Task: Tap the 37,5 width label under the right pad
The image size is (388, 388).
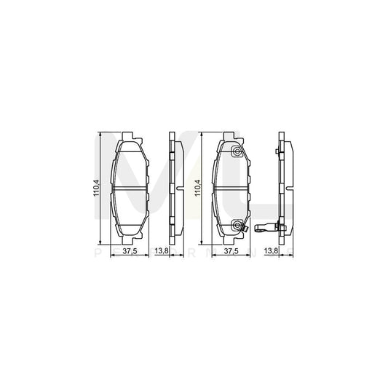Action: (232, 253)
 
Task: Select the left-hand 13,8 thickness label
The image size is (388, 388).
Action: (165, 253)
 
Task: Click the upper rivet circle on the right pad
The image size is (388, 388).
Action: (237, 151)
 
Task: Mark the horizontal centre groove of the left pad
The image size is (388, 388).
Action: (129, 189)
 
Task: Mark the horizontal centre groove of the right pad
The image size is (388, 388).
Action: (231, 189)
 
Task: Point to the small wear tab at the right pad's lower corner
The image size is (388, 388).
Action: (248, 232)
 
